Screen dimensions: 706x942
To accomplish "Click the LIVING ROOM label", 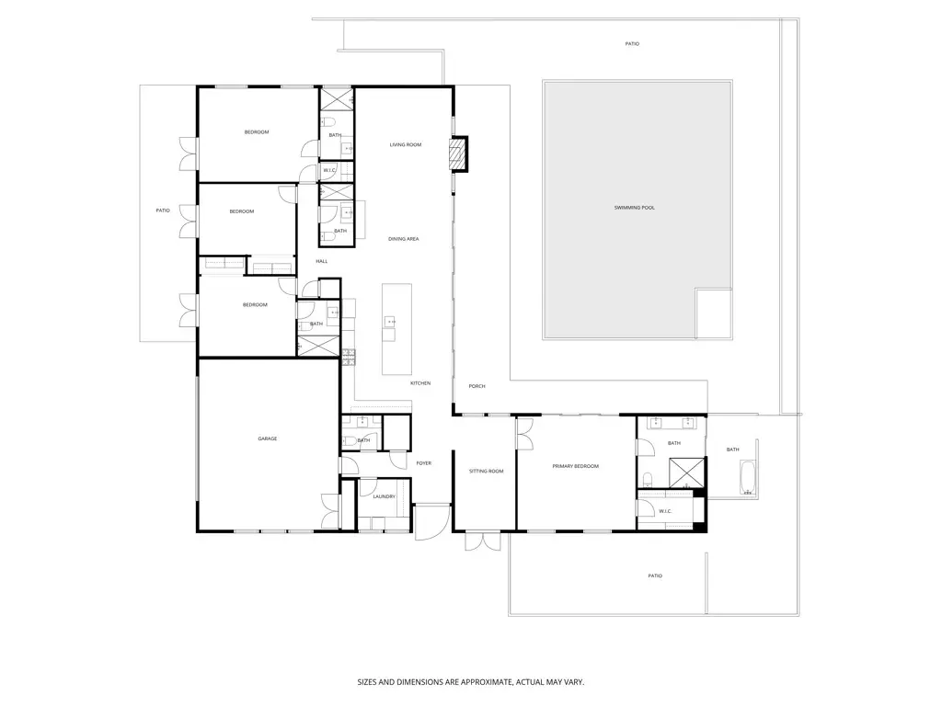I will pos(405,144).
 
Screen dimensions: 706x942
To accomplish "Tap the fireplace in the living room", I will pos(457,154).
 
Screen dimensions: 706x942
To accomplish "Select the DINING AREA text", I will pos(403,239).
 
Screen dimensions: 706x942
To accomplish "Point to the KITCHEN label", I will pos(419,383).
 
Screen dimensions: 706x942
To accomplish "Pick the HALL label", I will pos(322,261).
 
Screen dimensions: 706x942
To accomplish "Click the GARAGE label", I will pos(268,438).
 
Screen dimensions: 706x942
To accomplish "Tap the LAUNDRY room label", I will pos(384,496).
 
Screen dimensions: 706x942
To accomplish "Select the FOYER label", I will pos(423,463).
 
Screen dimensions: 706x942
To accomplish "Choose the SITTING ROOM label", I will pos(487,471).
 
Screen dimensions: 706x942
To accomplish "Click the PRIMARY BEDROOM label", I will pos(575,466).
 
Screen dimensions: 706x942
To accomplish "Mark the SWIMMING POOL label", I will pos(635,208).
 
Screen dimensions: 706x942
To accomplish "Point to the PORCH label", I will pos(477,386).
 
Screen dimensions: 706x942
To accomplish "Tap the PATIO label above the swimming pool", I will pos(632,43).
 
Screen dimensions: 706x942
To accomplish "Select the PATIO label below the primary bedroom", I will pos(654,575).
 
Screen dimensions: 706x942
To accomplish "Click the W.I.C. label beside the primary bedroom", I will pos(666,511).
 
